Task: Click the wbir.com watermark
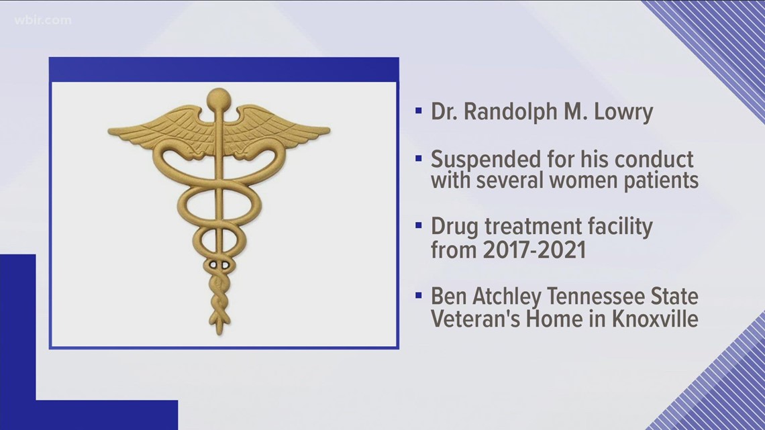click(x=43, y=21)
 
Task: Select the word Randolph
click(x=510, y=111)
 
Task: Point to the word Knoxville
click(x=655, y=319)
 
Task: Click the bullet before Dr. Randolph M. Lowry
click(x=419, y=111)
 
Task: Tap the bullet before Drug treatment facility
click(x=419, y=225)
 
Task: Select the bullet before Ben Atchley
click(x=419, y=295)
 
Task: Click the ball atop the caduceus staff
click(x=219, y=100)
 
